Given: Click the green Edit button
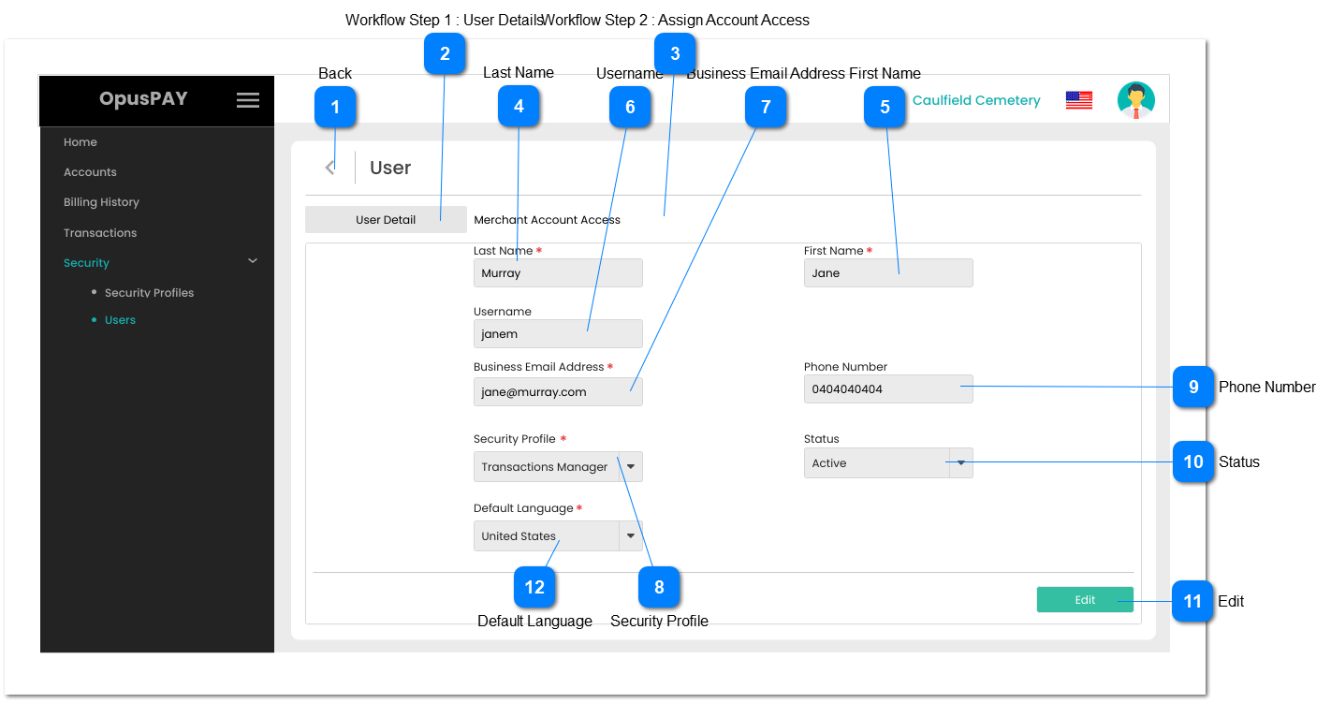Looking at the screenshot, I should (x=1084, y=600).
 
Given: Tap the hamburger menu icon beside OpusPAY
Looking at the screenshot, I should (x=248, y=100).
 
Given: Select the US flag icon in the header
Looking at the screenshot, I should (x=1078, y=100).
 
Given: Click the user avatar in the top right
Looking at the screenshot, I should (x=1135, y=100).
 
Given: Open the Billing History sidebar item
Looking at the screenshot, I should (x=101, y=202).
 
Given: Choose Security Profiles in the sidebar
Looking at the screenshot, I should (x=149, y=293).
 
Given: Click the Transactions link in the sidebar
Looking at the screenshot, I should (x=100, y=233).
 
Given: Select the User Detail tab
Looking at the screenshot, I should (x=386, y=220).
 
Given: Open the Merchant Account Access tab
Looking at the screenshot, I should (x=547, y=220).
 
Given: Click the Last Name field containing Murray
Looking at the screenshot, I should (x=558, y=273).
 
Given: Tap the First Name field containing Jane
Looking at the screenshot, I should (x=887, y=273).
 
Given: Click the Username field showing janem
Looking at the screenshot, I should (x=558, y=334).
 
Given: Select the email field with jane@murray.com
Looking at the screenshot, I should (x=558, y=392).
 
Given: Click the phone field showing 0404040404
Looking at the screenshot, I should (x=887, y=389).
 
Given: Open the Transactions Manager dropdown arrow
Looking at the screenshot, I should (x=631, y=467).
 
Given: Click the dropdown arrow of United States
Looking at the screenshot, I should (x=631, y=536).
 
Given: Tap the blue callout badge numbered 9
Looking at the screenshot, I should (x=1193, y=388).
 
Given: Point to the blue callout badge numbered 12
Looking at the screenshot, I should (x=534, y=587).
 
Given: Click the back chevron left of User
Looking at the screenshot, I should (x=329, y=168).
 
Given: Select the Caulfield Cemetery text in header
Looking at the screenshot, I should (x=976, y=101).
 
